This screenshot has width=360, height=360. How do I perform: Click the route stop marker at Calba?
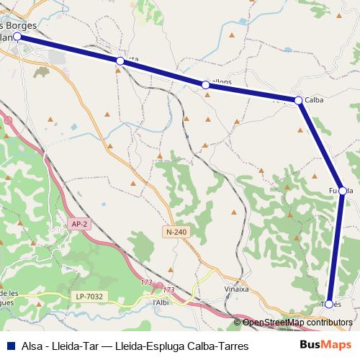pos(298,100)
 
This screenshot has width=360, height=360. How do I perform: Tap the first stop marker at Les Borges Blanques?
pos(17,35)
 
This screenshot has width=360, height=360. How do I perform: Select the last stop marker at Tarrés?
pos(329,304)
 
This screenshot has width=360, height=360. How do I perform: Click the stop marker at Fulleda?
pos(343,191)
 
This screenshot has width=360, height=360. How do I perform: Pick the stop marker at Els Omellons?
pos(206,85)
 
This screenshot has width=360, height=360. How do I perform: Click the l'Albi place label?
pos(161,302)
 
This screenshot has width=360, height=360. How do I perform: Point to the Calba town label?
pos(315,101)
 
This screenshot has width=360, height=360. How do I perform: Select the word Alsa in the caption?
pos(32,346)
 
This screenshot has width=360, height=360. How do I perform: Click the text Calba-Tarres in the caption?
pos(217,346)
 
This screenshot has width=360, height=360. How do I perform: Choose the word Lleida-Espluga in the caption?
pos(150,346)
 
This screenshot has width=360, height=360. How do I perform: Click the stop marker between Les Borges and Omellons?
pos(120,62)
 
